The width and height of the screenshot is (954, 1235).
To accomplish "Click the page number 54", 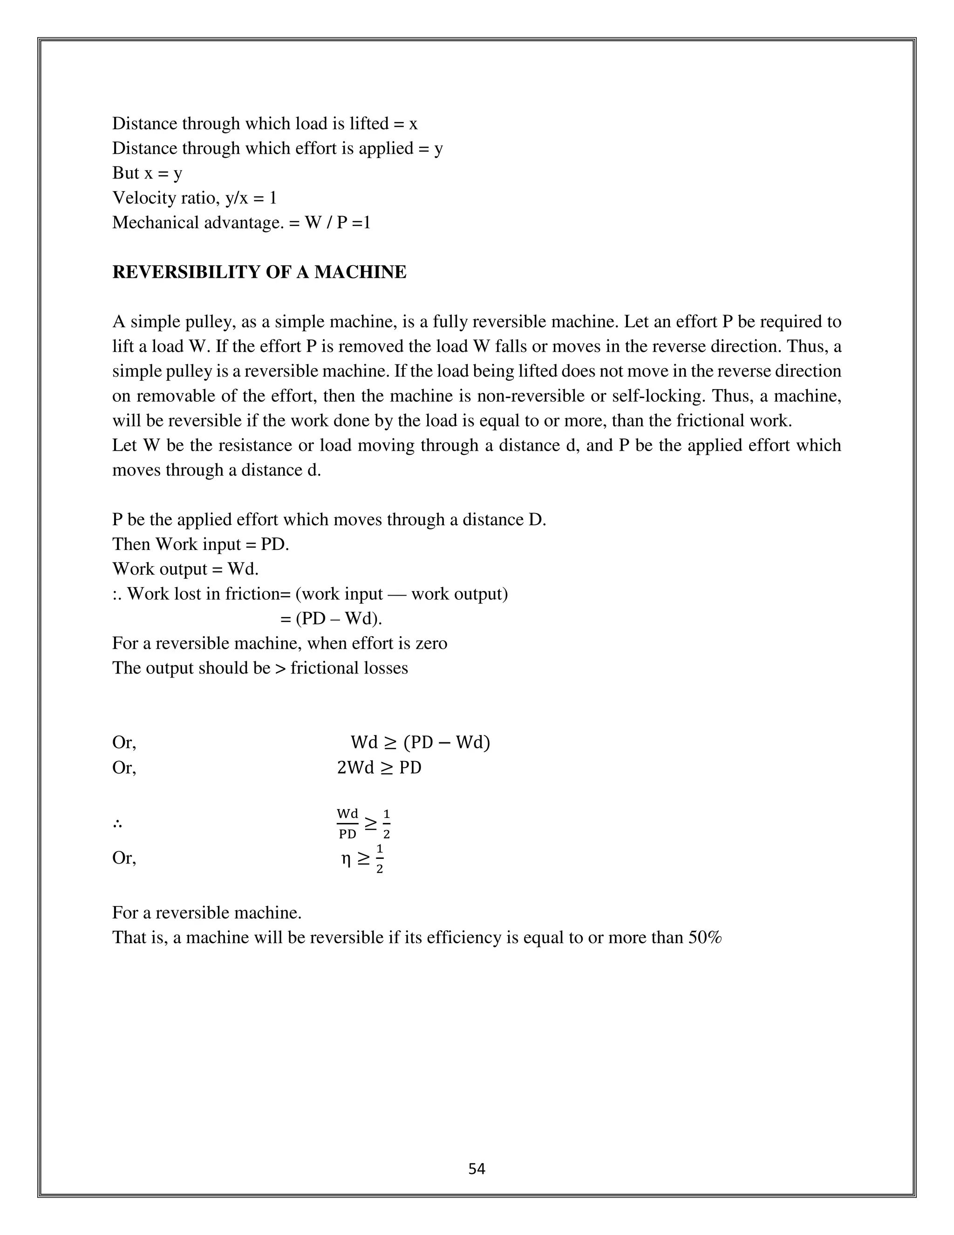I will pyautogui.click(x=477, y=1169).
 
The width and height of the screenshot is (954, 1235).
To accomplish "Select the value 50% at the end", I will pyautogui.click(x=705, y=938).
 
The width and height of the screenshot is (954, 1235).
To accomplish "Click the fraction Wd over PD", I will pyautogui.click(x=348, y=823).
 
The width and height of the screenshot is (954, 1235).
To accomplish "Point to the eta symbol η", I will pyautogui.click(x=346, y=858).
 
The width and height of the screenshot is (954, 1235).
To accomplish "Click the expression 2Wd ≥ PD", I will pyautogui.click(x=379, y=768).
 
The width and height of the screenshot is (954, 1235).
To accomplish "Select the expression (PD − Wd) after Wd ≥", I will pyautogui.click(x=446, y=742).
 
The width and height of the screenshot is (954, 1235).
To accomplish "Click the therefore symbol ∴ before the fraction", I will pyautogui.click(x=117, y=824).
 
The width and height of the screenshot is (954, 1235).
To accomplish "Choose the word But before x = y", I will pyautogui.click(x=125, y=173).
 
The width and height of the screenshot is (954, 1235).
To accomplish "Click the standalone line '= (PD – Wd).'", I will pyautogui.click(x=331, y=618).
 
